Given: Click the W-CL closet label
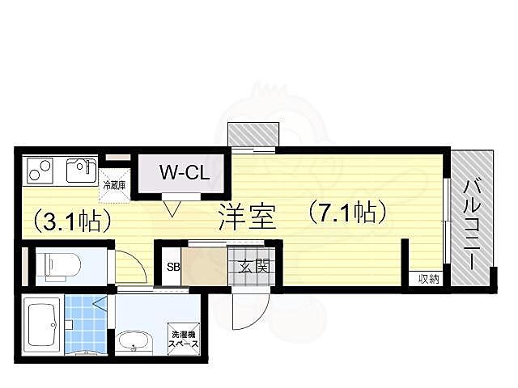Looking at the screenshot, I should click(x=183, y=172).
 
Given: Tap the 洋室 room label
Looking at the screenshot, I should click(x=247, y=217).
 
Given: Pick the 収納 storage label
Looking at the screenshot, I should click(x=428, y=280).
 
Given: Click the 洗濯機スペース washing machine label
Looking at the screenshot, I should click(x=183, y=338).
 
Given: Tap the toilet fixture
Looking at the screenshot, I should click(x=58, y=264).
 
